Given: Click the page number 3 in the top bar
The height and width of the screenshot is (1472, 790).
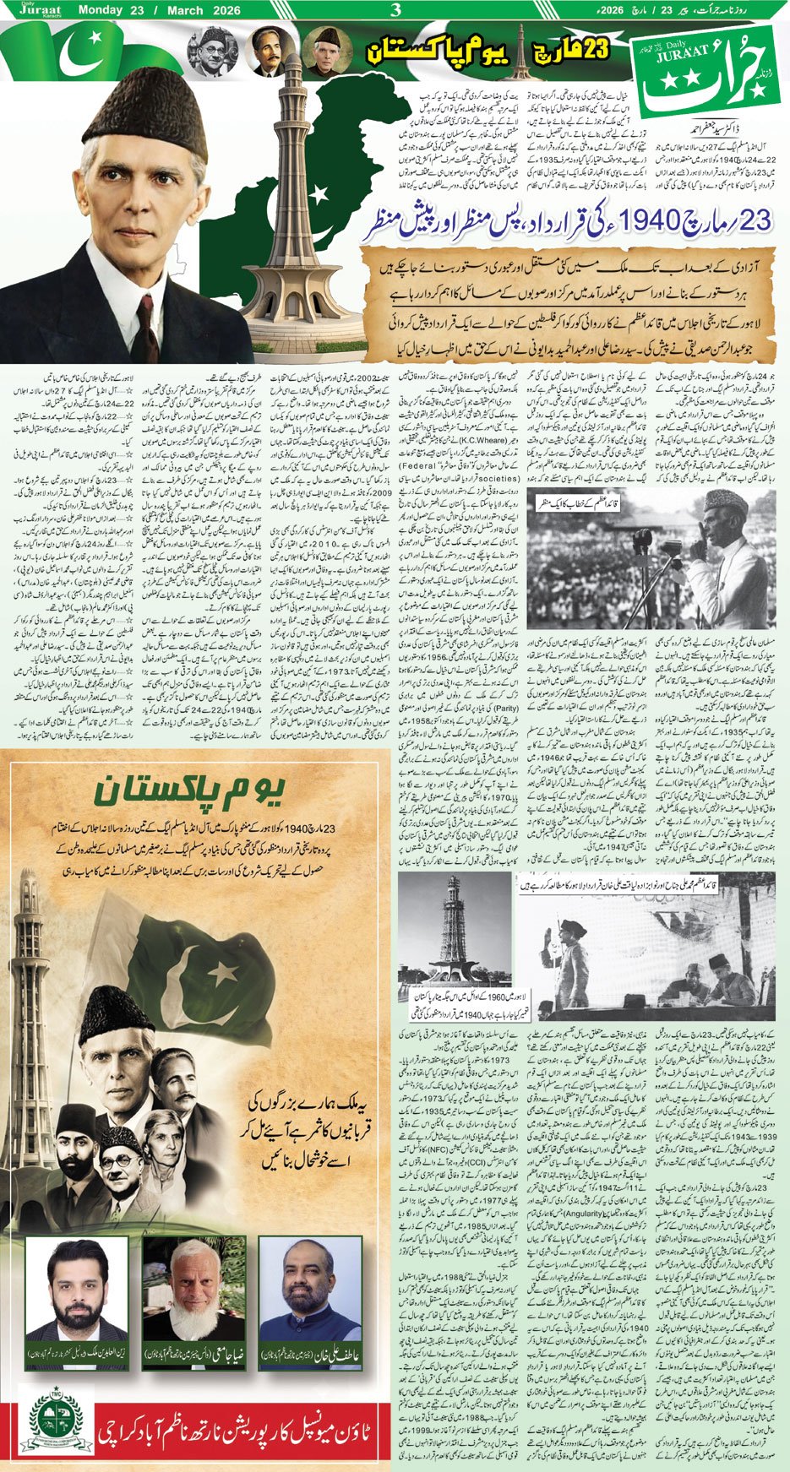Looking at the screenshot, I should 395,10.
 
